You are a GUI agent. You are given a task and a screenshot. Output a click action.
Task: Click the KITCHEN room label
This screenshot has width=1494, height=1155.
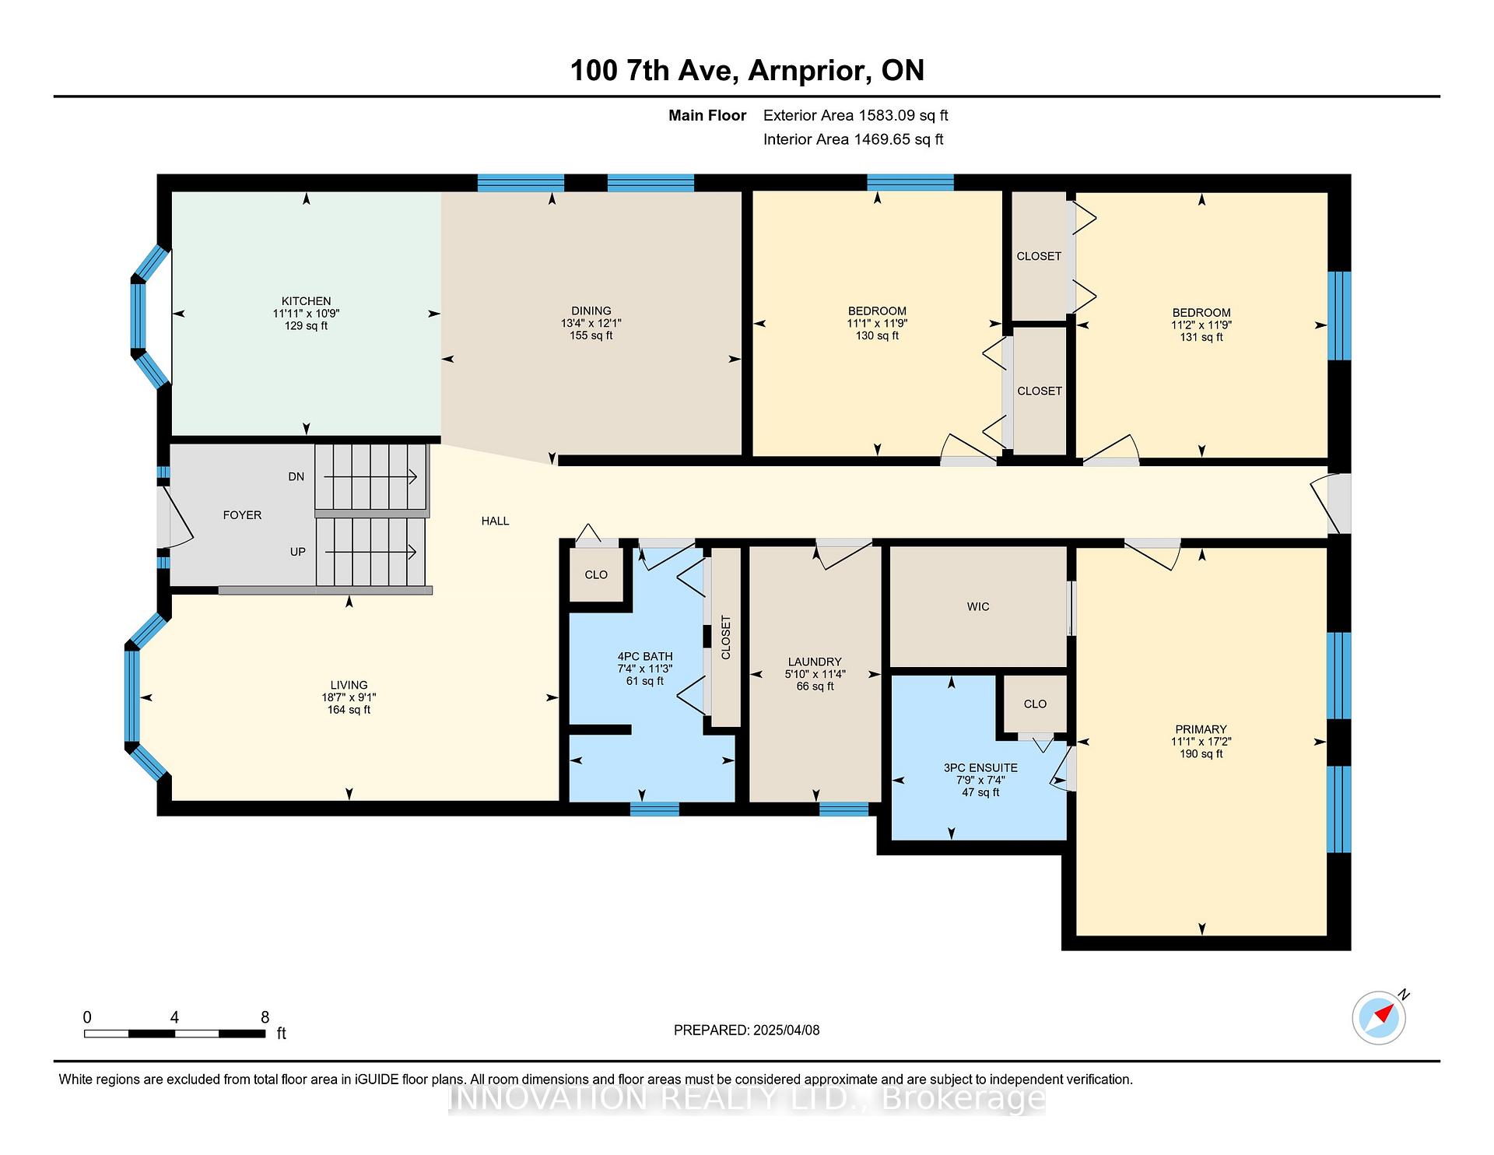point(306,301)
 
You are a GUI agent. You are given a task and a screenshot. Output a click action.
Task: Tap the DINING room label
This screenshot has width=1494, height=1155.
point(591,311)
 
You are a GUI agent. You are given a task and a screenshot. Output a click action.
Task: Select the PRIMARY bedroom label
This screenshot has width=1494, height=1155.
point(1201,729)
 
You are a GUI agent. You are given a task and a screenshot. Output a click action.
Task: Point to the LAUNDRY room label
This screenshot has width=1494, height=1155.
point(815,662)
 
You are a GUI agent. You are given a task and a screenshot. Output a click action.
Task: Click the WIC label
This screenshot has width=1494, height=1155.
point(978,606)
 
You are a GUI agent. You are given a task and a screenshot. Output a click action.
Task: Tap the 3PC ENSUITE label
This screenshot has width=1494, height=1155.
point(980,767)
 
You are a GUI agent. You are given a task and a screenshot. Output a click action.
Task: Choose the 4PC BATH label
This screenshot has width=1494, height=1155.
point(644,656)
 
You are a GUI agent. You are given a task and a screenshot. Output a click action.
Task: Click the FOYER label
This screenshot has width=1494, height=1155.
point(242,514)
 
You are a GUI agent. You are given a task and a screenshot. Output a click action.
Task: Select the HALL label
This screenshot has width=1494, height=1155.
point(495,521)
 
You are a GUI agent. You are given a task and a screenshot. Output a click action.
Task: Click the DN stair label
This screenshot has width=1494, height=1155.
point(296,476)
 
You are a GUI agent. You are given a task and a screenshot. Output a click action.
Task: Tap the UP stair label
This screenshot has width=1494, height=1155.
point(297,551)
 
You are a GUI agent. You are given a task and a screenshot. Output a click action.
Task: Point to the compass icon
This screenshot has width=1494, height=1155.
point(1379,1017)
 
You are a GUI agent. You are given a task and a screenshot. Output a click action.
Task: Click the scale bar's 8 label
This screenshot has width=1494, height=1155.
point(265,1017)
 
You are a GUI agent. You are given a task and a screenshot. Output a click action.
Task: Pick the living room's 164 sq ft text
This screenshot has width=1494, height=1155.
point(349,710)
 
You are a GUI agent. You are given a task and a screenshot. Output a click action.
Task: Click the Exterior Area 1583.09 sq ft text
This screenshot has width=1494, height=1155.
point(855,115)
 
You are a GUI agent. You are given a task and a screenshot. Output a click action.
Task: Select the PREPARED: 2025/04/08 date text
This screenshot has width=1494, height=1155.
point(746,1030)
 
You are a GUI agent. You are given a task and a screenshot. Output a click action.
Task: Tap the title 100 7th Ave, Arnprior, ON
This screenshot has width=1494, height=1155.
point(747,70)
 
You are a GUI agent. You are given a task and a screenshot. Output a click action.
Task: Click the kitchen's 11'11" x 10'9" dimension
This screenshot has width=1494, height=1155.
point(306,314)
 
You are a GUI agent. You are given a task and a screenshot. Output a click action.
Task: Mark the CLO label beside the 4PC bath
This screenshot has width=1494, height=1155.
point(596,574)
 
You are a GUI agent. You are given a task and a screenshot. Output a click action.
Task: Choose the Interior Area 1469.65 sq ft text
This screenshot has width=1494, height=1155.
point(853,139)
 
